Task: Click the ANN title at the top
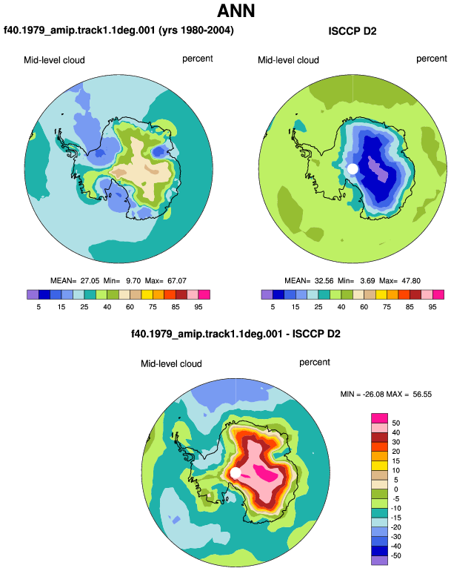pos(235,11)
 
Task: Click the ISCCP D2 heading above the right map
pos(352,31)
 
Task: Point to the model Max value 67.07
pos(177,281)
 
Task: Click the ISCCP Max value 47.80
pos(411,281)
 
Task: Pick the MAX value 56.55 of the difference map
pos(422,395)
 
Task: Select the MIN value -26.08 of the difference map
pos(373,395)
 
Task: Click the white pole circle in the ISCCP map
pos(353,169)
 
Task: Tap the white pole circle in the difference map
pos(235,472)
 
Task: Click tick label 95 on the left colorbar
pos(198,307)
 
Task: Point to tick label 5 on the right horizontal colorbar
pos(273,307)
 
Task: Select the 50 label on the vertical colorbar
pos(395,423)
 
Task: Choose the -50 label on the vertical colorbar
pos(395,555)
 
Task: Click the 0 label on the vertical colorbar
pos(395,489)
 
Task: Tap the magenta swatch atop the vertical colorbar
pos(380,418)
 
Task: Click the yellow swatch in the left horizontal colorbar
pos(147,294)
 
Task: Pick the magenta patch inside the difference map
pos(267,473)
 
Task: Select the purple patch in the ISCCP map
pos(378,169)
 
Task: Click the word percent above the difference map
pos(315,363)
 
